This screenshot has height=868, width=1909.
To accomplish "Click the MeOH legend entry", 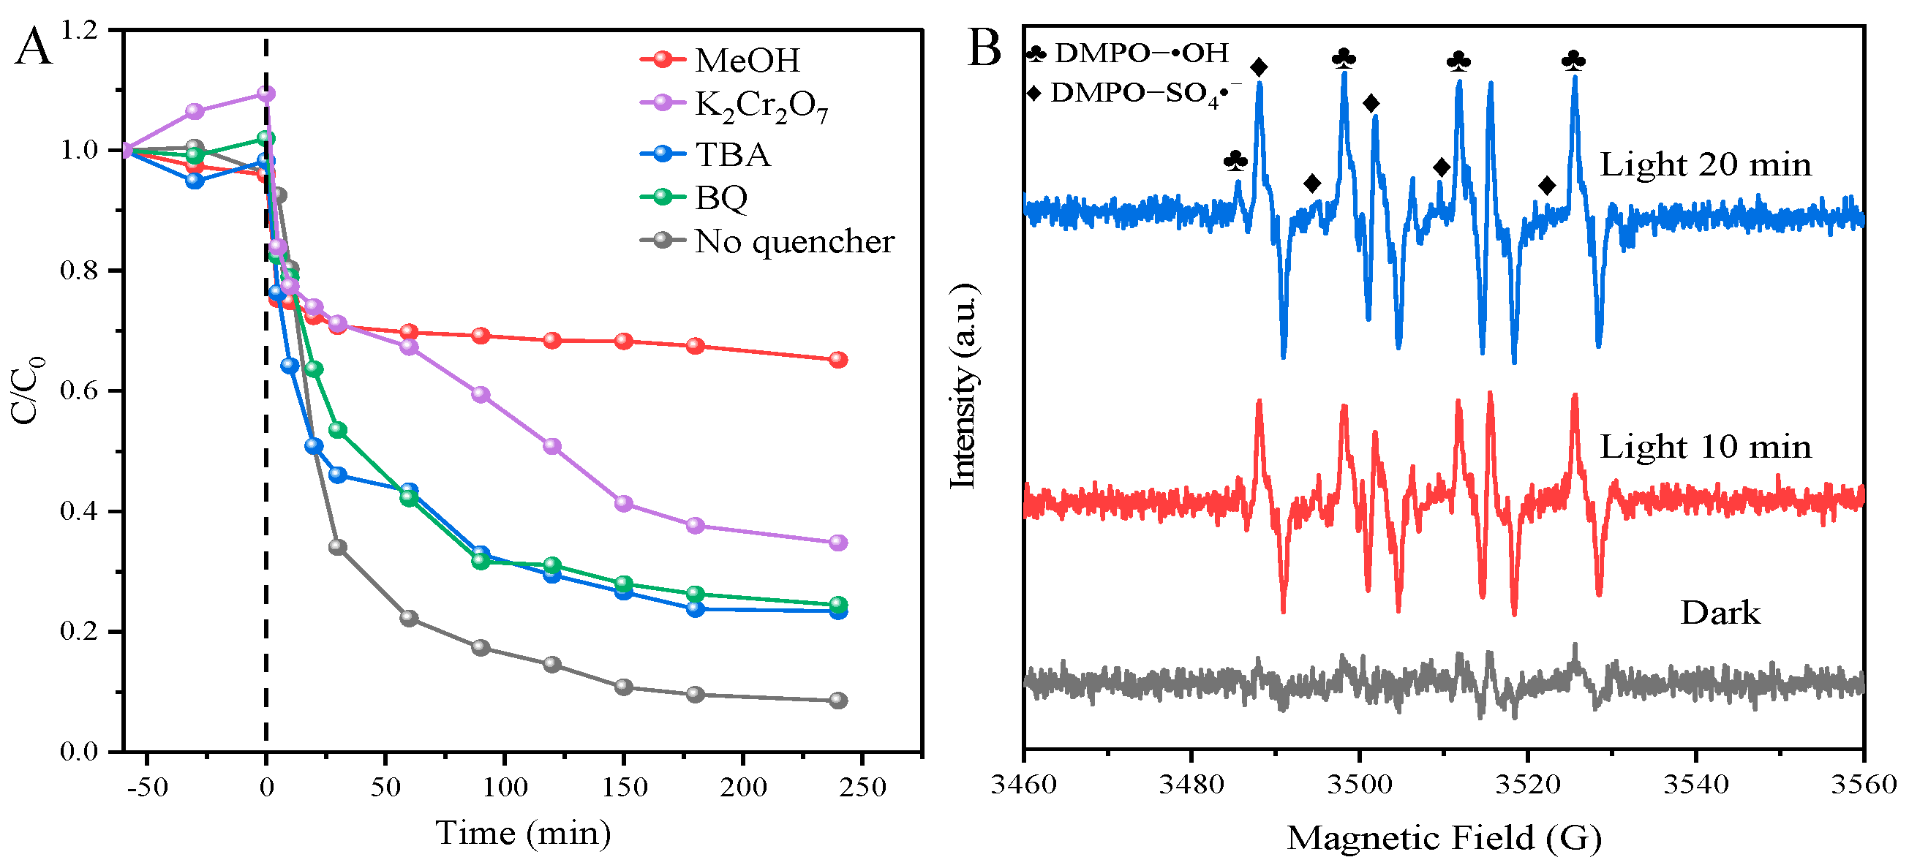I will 746,61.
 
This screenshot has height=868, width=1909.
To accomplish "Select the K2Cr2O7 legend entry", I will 760,106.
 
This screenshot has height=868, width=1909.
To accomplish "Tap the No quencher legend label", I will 794,241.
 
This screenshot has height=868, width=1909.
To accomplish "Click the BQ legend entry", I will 720,197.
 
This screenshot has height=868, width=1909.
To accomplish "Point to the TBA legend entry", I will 732,155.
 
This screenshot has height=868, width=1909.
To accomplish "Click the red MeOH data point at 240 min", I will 838,360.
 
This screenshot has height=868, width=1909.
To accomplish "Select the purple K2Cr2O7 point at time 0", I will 266,94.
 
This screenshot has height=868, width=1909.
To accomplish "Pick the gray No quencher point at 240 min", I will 838,701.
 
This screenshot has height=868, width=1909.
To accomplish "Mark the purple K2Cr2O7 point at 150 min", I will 624,504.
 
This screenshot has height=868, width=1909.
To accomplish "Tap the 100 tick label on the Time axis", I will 505,788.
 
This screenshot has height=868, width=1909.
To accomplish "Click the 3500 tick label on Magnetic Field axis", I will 1359,784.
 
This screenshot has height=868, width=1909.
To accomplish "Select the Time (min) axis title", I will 522,833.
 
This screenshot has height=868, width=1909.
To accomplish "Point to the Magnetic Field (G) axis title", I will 1444,838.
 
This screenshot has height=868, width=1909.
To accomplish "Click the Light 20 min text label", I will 1704,165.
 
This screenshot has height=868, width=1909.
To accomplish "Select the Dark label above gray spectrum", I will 1720,614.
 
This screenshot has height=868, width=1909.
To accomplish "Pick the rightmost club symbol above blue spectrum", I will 1573,61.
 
